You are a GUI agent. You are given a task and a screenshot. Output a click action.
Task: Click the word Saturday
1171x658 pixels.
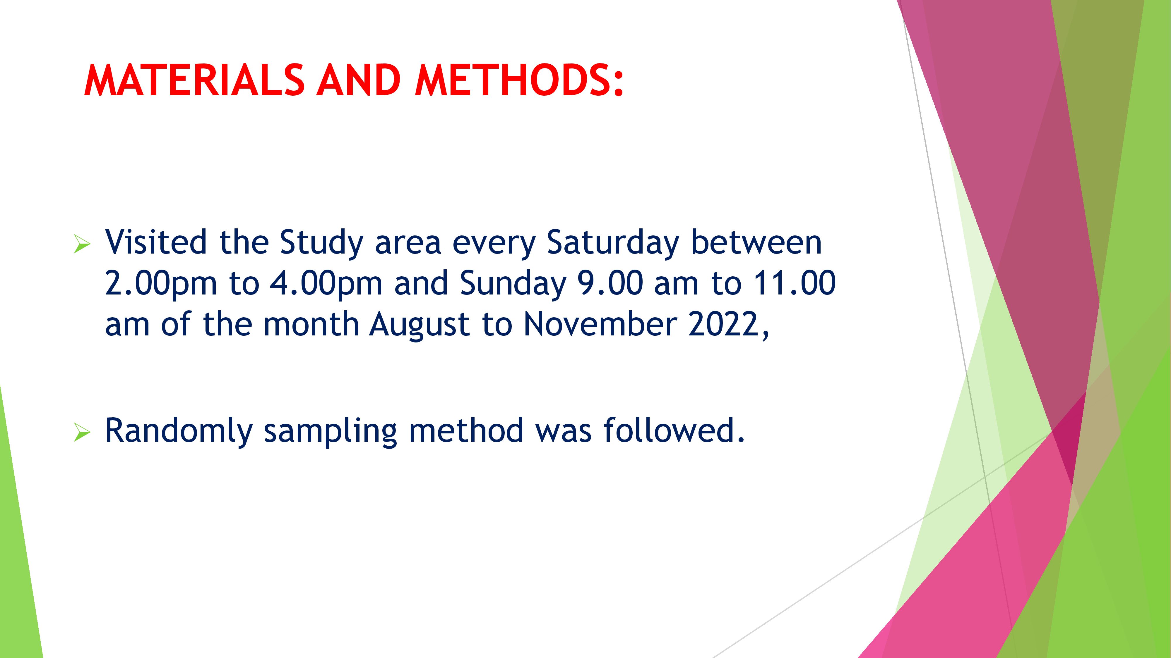pyautogui.click(x=612, y=243)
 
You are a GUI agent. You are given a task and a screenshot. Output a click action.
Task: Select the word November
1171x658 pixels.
pyautogui.click(x=600, y=324)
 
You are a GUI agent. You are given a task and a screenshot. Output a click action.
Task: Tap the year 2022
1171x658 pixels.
pyautogui.click(x=723, y=324)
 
